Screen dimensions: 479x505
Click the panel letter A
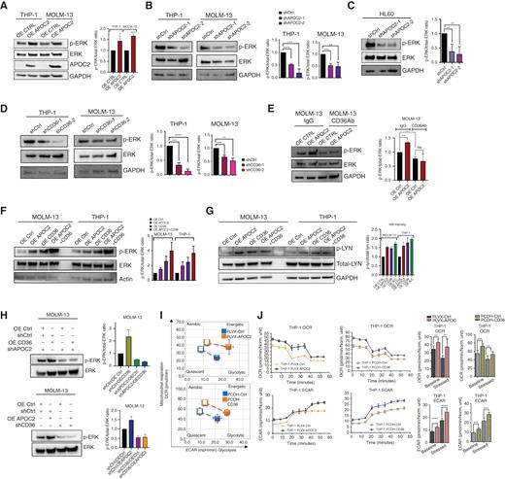coord(6,7)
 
